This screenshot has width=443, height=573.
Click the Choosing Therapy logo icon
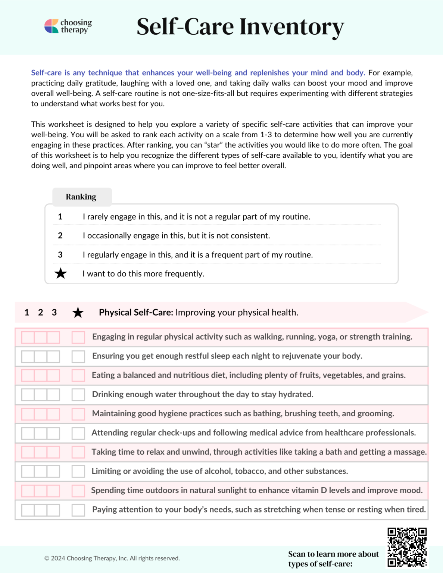(52, 26)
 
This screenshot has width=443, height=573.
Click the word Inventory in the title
(291, 27)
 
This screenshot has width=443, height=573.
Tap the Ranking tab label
(81, 197)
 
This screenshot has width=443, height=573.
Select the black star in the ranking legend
(60, 273)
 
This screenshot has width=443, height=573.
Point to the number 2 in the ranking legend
(60, 235)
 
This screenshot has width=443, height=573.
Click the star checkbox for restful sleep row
(78, 356)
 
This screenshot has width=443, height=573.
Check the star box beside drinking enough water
(78, 395)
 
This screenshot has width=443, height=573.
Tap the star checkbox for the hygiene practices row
(78, 414)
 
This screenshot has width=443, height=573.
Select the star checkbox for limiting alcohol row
(78, 471)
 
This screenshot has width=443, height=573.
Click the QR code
(407, 547)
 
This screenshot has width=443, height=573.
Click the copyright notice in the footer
(112, 558)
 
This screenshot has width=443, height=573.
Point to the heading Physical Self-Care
(136, 312)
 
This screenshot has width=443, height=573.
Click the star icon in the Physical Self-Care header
(78, 313)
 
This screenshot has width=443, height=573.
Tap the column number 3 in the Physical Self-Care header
(54, 312)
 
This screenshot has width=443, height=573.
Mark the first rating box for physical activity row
(28, 337)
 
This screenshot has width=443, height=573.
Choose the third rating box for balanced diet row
(53, 375)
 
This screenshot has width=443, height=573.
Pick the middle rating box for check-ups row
(41, 433)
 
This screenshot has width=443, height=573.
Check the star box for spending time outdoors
(78, 491)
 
